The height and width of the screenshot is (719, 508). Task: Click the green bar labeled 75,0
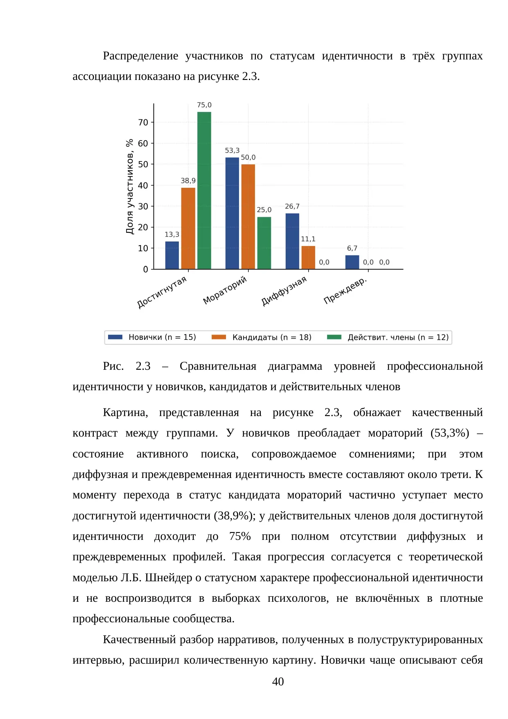click(x=204, y=191)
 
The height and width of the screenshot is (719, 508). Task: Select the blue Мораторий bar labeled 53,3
click(x=232, y=213)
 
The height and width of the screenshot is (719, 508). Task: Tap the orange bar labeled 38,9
click(x=188, y=228)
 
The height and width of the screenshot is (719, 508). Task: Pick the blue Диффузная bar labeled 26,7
click(x=292, y=241)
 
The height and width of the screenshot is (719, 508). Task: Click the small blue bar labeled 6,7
click(x=352, y=262)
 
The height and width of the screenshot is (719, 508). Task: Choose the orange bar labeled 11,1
click(x=308, y=257)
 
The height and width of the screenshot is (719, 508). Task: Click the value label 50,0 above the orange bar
click(x=248, y=157)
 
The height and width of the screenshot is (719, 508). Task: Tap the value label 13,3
click(x=172, y=234)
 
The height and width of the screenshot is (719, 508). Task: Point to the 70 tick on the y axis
click(x=143, y=122)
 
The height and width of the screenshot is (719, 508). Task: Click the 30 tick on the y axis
click(x=143, y=206)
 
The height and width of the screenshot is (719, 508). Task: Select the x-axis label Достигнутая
click(x=162, y=292)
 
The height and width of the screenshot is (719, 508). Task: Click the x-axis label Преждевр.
click(x=345, y=291)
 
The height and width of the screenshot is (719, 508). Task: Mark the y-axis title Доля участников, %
click(x=130, y=187)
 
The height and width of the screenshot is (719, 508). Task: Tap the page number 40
click(x=278, y=682)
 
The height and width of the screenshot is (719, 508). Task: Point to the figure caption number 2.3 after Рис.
click(x=143, y=366)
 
